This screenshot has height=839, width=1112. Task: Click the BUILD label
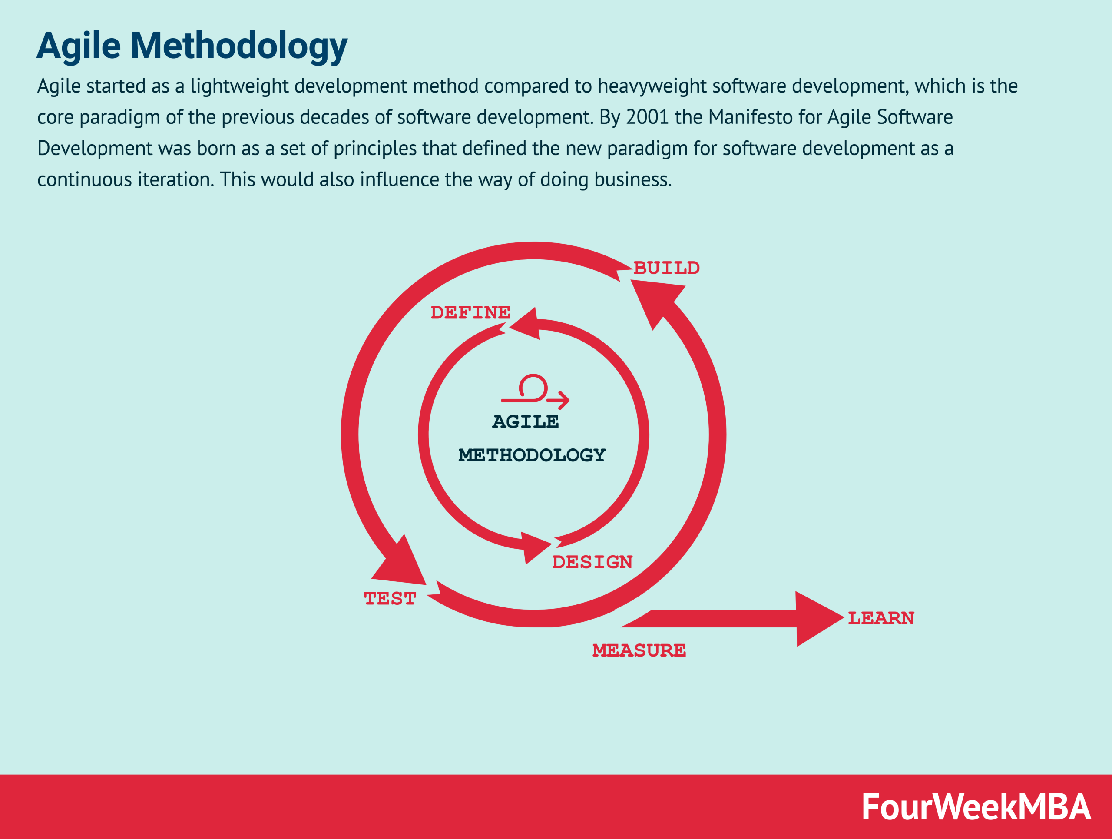click(x=666, y=268)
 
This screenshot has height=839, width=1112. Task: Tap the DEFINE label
click(x=470, y=313)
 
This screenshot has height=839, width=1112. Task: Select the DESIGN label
click(x=592, y=562)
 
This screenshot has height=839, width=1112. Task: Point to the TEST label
click(x=390, y=599)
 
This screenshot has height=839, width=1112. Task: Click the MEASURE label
click(x=639, y=650)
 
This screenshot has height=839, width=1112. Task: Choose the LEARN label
click(x=881, y=618)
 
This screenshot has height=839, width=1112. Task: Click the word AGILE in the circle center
click(x=525, y=422)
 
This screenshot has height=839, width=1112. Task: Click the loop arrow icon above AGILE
click(x=535, y=391)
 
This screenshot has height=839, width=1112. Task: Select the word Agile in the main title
click(x=79, y=46)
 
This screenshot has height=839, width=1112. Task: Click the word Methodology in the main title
click(x=239, y=46)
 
